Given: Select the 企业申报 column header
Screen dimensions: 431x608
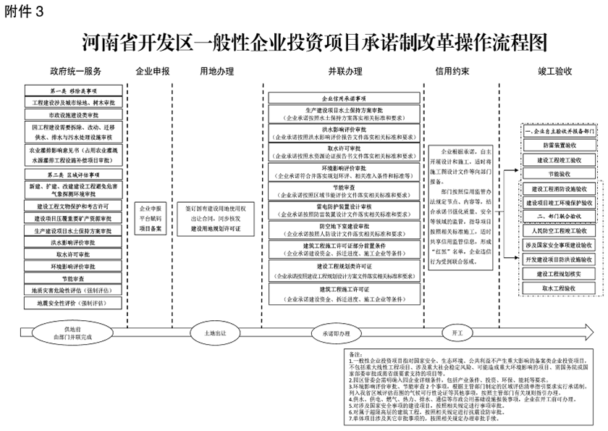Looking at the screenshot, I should pos(152,72).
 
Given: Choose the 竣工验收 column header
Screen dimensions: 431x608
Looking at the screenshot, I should pos(555,72).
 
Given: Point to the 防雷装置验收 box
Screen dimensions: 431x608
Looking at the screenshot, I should pos(556,145).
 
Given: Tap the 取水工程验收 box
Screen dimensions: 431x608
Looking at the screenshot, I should pos(556,288).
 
